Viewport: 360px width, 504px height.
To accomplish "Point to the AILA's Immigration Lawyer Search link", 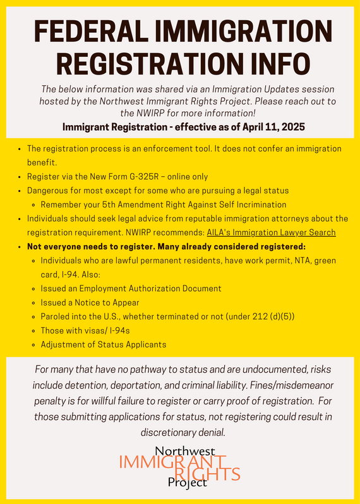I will click(271, 232).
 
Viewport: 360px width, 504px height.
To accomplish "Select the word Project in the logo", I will click(187, 483).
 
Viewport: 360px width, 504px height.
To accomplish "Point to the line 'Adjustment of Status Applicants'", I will click(103, 344).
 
